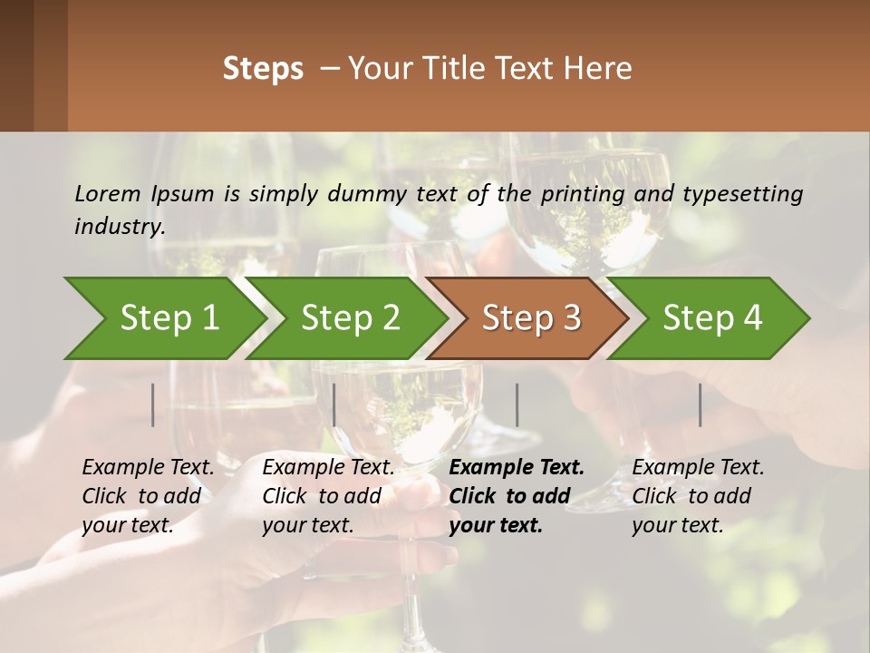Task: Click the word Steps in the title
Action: click(263, 69)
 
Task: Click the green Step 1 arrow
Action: click(169, 318)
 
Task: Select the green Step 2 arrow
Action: click(350, 318)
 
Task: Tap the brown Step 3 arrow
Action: click(530, 318)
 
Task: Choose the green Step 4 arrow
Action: click(711, 318)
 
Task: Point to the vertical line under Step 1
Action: click(152, 404)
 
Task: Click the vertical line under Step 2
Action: click(334, 404)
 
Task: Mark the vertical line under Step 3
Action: click(517, 404)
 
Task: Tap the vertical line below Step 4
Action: click(700, 404)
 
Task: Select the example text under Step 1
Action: click(148, 496)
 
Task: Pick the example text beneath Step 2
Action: click(328, 496)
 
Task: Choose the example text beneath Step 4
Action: click(698, 496)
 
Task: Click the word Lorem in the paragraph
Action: click(108, 193)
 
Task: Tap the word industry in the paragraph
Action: click(120, 226)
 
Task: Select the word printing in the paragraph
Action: click(585, 194)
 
